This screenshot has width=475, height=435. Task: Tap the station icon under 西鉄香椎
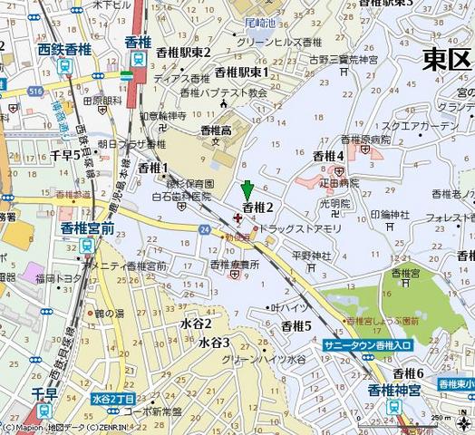63,66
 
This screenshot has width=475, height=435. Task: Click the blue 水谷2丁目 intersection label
113,399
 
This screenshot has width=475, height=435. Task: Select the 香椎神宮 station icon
394,408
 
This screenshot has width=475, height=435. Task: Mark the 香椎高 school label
216,131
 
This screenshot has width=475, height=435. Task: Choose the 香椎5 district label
296,325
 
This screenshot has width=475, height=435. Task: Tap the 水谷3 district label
214,342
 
